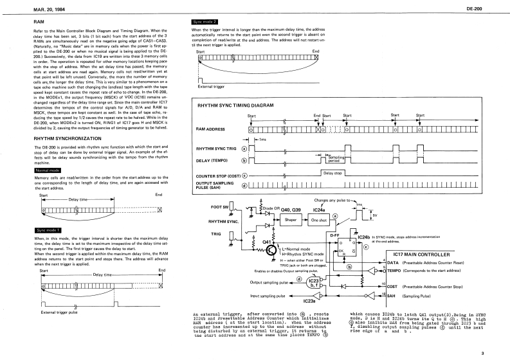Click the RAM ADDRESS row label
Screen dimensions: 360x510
214,129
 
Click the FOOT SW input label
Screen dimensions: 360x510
228,207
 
